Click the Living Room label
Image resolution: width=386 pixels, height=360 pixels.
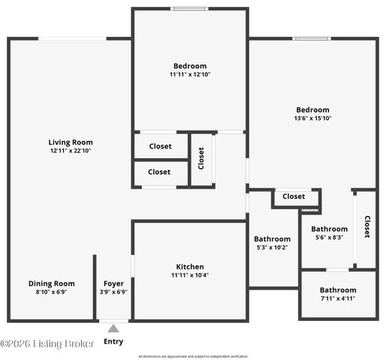coord(70,142)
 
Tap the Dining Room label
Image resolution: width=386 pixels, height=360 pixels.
coord(52,283)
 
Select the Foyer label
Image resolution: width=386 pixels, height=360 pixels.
coord(113,283)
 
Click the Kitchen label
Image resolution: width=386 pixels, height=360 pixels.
coord(190,267)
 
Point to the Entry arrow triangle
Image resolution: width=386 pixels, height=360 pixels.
coord(113,328)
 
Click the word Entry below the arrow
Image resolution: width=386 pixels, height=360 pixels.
coord(113,342)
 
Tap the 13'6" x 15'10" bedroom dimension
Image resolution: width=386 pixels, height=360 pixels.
coord(312,118)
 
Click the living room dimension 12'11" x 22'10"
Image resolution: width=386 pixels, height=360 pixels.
coord(70,151)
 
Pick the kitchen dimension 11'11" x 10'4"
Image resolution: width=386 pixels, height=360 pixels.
coord(190,275)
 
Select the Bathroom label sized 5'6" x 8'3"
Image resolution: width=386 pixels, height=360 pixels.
coord(329,229)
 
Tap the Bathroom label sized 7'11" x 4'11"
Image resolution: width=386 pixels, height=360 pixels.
coord(337,290)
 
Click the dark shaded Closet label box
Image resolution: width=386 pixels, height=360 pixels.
coord(294,196)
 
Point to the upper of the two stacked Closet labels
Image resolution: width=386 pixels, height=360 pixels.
coord(159,146)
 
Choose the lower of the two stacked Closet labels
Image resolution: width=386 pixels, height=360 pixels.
coord(159,172)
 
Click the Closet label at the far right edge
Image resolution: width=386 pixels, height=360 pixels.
coord(367,226)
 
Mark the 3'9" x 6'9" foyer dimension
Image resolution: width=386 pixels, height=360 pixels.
coord(113,292)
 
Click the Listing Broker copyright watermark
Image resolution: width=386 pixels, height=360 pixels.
coord(47,343)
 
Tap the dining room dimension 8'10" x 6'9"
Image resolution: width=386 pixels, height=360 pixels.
coord(52,292)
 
